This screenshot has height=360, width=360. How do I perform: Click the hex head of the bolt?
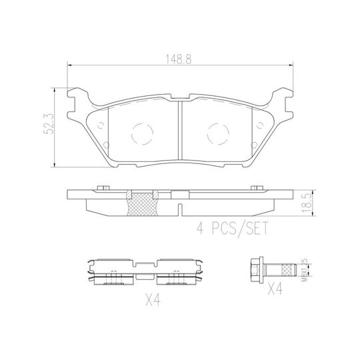click(253, 271)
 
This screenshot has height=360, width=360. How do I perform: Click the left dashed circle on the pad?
click(142, 134)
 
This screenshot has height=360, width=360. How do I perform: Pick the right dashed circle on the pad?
click(218, 134)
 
